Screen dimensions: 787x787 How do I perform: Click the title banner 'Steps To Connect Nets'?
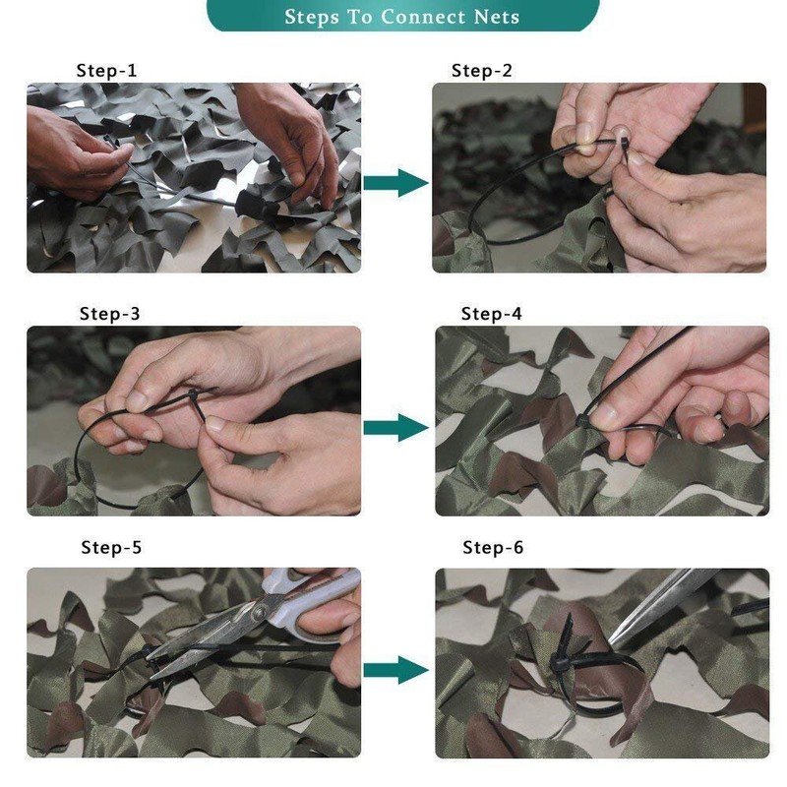(x=401, y=16)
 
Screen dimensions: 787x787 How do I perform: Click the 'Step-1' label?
(x=107, y=71)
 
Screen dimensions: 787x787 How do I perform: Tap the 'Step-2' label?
(x=482, y=71)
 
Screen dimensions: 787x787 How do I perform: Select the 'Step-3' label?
(x=109, y=315)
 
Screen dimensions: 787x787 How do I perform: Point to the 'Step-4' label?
(x=492, y=315)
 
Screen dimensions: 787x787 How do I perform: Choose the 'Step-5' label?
(x=111, y=548)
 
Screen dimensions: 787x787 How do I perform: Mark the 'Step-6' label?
(x=493, y=548)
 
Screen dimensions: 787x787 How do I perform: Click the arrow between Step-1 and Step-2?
(x=395, y=182)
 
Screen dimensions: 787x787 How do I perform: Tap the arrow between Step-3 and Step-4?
(x=395, y=427)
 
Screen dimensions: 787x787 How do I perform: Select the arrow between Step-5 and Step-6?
(x=395, y=671)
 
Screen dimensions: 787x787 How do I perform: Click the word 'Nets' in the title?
(x=493, y=17)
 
